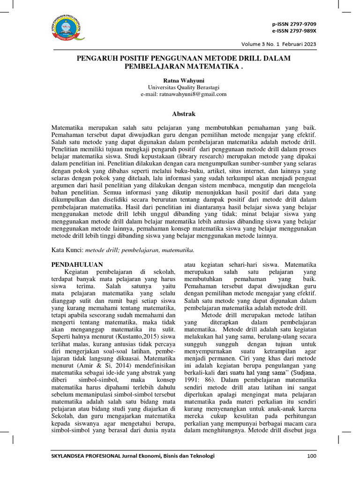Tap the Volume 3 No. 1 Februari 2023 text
pos(278,44)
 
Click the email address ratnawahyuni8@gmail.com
pos(183,94)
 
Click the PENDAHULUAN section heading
pos(76,264)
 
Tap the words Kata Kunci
pos(66,250)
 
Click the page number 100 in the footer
pos(312,456)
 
